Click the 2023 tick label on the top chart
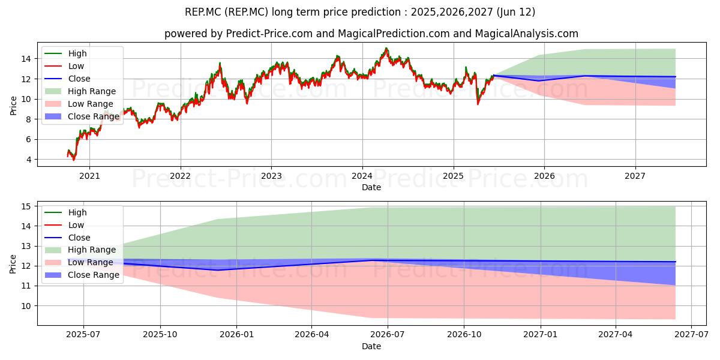point(271,176)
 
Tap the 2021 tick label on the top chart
point(89,176)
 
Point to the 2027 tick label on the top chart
point(635,176)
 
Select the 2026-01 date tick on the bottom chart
point(236,335)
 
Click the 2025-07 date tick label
point(83,335)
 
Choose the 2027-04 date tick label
point(615,335)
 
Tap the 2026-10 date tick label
point(464,335)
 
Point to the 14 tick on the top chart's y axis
point(26,59)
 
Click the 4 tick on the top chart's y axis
point(29,160)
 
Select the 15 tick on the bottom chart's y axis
point(26,206)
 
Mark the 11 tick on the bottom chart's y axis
point(26,286)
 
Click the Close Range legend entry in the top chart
point(82,116)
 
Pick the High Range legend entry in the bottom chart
point(80,250)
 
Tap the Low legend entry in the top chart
point(64,66)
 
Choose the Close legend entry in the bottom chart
point(67,238)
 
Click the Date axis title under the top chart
point(371,187)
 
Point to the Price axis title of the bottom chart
point(13,264)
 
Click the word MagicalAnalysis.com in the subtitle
point(527,34)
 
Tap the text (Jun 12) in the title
point(516,12)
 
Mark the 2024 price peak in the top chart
point(386,49)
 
